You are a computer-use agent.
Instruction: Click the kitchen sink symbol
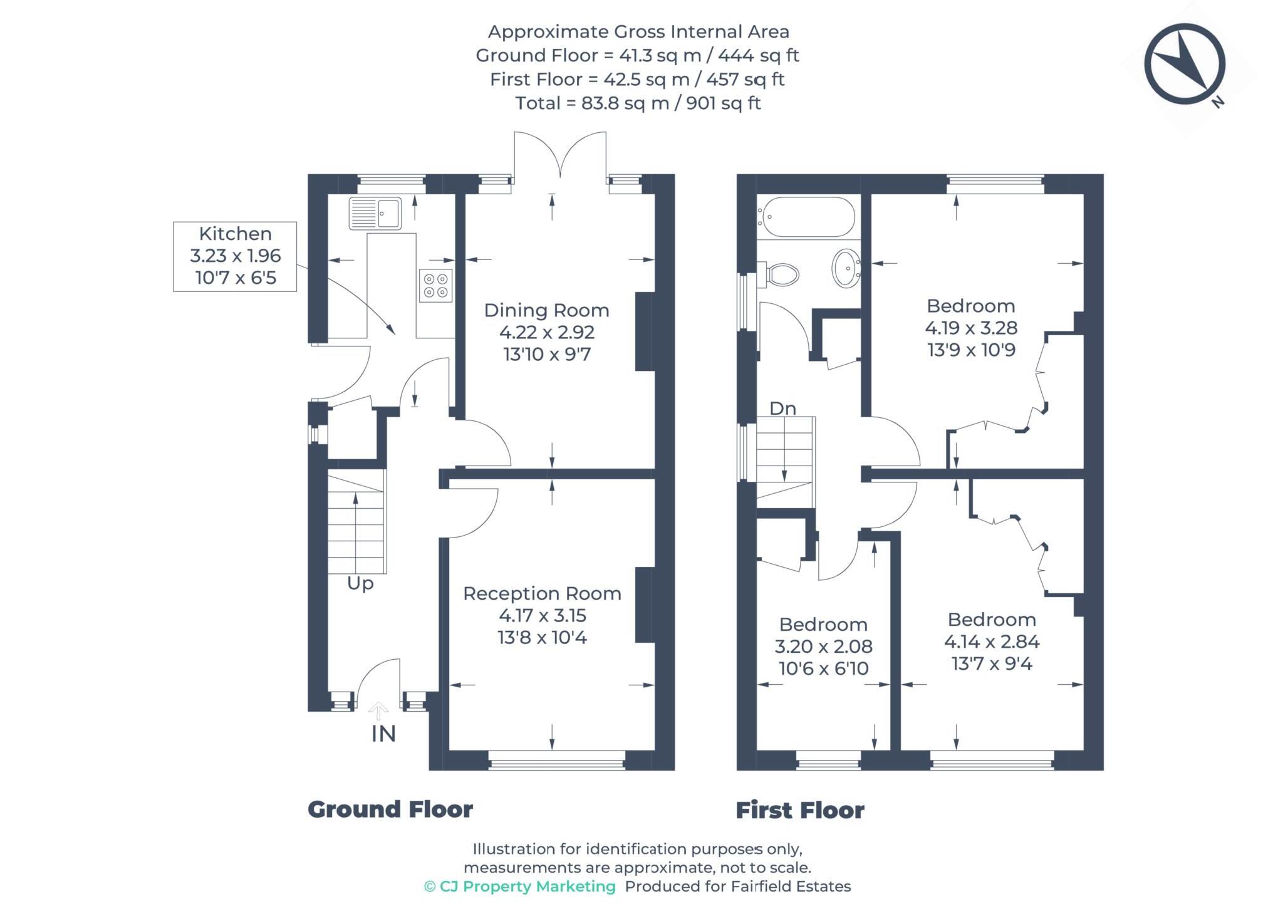(x=375, y=214)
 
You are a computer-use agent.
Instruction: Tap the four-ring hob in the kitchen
(x=435, y=286)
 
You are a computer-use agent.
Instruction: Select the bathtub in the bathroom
(x=806, y=217)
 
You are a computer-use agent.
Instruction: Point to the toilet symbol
(x=780, y=274)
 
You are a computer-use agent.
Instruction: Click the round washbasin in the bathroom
(x=846, y=268)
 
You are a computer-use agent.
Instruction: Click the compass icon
(x=1184, y=64)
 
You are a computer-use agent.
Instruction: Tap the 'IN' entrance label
(x=383, y=734)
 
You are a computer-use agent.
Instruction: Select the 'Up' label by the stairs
(x=360, y=583)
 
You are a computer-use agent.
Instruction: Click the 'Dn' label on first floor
(x=782, y=409)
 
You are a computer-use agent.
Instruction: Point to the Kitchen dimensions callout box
(x=235, y=256)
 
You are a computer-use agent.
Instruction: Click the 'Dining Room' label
(x=546, y=310)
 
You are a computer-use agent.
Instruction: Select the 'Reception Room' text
(x=542, y=593)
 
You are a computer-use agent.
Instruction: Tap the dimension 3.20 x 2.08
(x=823, y=646)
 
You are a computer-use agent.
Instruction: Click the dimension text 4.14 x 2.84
(x=991, y=642)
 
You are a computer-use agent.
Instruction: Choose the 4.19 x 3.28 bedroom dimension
(x=970, y=328)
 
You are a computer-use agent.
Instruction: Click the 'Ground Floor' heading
(x=390, y=809)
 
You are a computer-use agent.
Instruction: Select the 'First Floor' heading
(x=799, y=810)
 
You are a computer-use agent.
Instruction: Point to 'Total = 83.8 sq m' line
(x=637, y=103)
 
